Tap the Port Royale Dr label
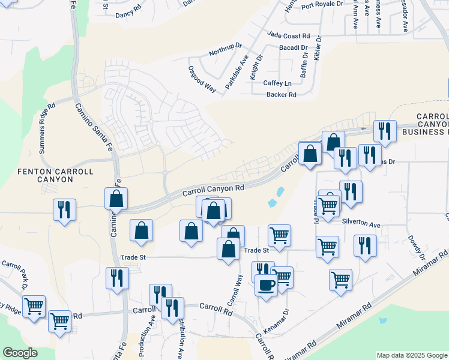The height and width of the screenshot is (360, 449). coord(322,5)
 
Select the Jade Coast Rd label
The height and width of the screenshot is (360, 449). coord(289,36)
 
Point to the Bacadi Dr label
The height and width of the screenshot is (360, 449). coord(293,47)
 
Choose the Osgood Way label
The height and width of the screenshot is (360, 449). coord(202,78)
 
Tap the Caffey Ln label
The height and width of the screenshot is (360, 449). coord(277,83)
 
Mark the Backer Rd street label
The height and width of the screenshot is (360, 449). coord(281,95)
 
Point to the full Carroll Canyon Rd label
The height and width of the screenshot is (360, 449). coord(213,189)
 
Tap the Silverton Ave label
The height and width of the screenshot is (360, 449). coord(361,224)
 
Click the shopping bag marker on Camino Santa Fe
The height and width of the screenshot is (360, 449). coord(116,198)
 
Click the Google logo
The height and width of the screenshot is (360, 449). coord(20,353)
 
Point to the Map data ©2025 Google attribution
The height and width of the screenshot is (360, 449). coord(412,355)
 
